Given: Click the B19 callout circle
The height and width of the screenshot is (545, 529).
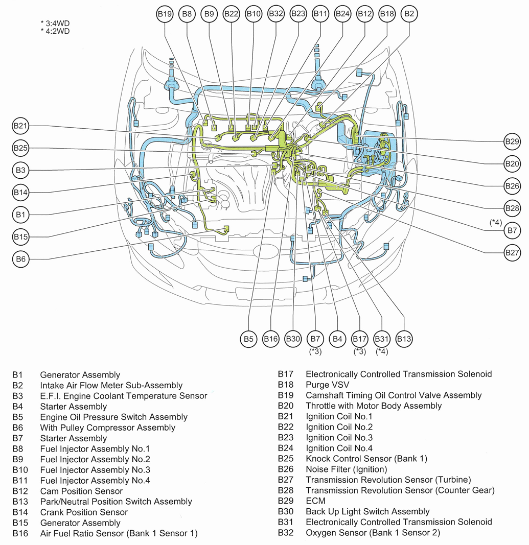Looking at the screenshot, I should tap(165, 14).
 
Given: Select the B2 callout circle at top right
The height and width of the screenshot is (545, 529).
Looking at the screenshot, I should tap(409, 14).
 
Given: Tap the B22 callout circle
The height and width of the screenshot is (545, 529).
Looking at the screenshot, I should tap(231, 14).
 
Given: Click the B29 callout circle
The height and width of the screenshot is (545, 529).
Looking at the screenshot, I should tap(512, 141).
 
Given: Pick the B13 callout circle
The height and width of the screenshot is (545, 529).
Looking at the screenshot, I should tap(404, 338).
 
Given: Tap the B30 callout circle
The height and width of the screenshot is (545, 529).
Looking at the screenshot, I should tap(293, 338).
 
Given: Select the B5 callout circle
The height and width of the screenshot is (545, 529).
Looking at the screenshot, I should tap(248, 338).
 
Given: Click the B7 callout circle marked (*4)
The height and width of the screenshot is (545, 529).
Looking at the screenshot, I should tap(512, 231).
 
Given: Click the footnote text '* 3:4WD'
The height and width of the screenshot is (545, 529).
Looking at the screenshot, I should tap(55, 23).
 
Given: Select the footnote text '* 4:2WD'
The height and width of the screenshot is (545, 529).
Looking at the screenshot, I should tap(55, 31).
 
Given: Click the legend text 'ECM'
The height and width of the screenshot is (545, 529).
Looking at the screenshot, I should tap(315, 501).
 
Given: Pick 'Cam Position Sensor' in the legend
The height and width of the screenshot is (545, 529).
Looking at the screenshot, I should tap(81, 491).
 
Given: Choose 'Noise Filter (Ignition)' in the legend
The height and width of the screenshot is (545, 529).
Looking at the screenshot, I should tap(346, 469).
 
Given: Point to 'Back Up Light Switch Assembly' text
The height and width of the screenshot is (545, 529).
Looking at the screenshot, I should tap(367, 511).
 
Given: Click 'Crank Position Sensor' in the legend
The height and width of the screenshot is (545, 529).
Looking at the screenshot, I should tap(84, 512).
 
